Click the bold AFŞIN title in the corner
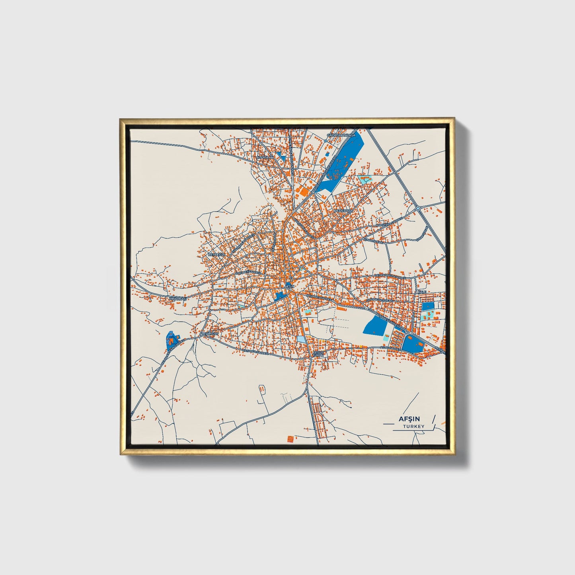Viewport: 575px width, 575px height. pyautogui.click(x=411, y=419)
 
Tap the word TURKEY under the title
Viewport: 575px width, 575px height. pyautogui.click(x=413, y=427)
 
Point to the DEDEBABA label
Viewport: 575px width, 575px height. pyautogui.click(x=343, y=210)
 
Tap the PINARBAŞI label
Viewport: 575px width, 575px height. pyautogui.click(x=177, y=298)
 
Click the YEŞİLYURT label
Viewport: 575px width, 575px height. pyautogui.click(x=210, y=333)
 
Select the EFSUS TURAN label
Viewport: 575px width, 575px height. pyautogui.click(x=319, y=353)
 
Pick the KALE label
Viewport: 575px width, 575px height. pyautogui.click(x=422, y=292)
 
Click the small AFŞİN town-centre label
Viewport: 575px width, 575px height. pyautogui.click(x=289, y=287)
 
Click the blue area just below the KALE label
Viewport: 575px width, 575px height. pyautogui.click(x=428, y=307)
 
